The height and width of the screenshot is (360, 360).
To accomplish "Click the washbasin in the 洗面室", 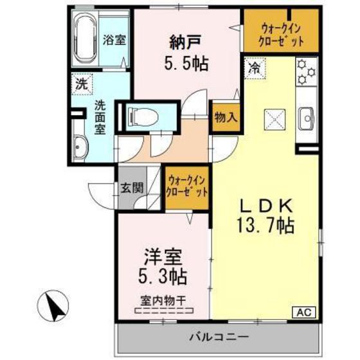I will (80, 147).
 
